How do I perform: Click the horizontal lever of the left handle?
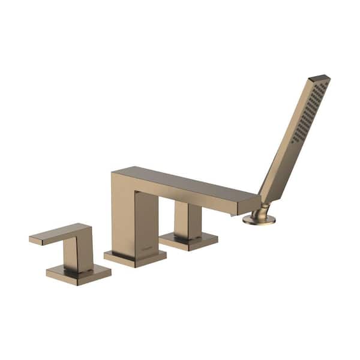coord(60,233)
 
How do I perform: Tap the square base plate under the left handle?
coord(78,274)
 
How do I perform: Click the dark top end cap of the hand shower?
coord(319,78)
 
